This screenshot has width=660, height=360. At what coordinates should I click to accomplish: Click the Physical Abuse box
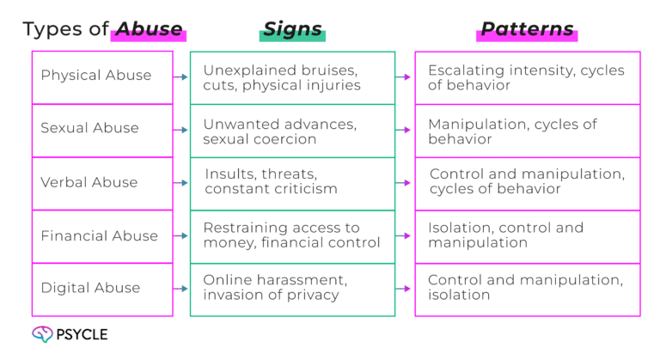101,76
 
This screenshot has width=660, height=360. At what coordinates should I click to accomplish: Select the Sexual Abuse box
101,129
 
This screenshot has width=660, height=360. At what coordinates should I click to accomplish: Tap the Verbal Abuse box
101,182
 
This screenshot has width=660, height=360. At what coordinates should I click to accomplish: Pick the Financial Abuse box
101,235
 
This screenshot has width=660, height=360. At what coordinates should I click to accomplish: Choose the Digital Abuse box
101,289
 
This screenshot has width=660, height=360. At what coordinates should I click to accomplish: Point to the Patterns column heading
527,29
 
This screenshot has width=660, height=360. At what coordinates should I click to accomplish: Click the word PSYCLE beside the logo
82,335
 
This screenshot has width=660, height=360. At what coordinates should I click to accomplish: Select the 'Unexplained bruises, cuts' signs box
292,77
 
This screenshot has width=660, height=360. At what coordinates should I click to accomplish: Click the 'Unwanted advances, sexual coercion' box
292,131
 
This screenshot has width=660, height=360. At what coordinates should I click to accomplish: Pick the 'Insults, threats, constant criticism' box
292,183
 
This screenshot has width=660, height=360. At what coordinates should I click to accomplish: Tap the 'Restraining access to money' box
292,236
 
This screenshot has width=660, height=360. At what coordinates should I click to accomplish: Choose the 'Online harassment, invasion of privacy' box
292,289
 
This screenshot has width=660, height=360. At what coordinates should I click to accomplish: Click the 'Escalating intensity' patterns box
528,77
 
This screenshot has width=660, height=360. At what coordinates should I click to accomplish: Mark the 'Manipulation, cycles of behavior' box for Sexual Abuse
528,131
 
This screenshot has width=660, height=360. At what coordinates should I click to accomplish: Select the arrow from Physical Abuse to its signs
181,76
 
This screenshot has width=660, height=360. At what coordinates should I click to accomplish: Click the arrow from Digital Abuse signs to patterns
405,289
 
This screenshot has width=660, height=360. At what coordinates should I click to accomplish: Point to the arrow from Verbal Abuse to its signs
181,183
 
